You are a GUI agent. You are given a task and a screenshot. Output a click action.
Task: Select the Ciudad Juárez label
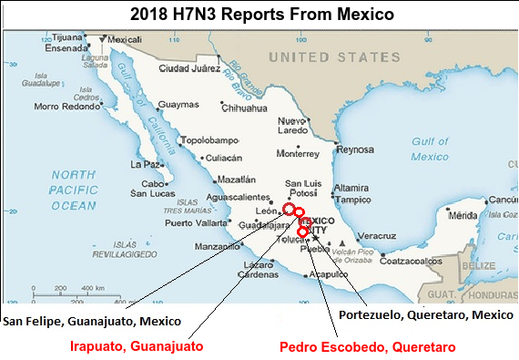(x=188, y=68)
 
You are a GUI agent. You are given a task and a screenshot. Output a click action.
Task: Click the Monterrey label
(x=297, y=153)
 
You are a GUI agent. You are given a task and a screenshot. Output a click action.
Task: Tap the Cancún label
(x=503, y=200)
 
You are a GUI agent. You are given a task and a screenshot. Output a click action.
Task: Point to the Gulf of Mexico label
(x=430, y=149)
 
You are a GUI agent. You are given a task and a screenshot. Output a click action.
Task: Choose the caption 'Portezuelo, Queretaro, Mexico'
(x=426, y=314)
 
